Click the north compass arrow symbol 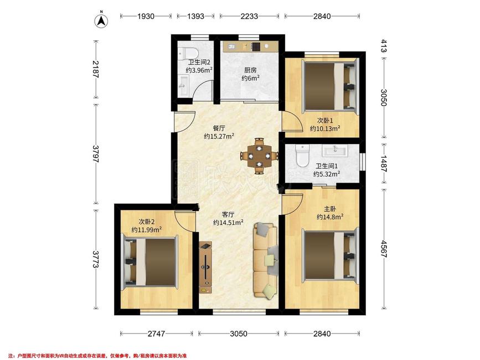click(x=102, y=20)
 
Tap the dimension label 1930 click(x=146, y=16)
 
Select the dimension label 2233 click(x=249, y=16)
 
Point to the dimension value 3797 click(x=96, y=154)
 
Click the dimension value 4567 click(x=384, y=249)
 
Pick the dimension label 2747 click(x=157, y=333)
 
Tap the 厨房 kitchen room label click(x=250, y=70)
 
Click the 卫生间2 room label click(x=199, y=62)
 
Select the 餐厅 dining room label click(x=219, y=128)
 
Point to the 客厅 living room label click(x=228, y=214)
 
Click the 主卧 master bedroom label click(x=330, y=209)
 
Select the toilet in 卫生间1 click(x=303, y=156)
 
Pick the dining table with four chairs click(x=259, y=156)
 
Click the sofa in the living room click(x=265, y=260)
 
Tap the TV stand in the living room click(x=205, y=268)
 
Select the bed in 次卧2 click(x=150, y=262)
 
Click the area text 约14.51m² click(x=228, y=223)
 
